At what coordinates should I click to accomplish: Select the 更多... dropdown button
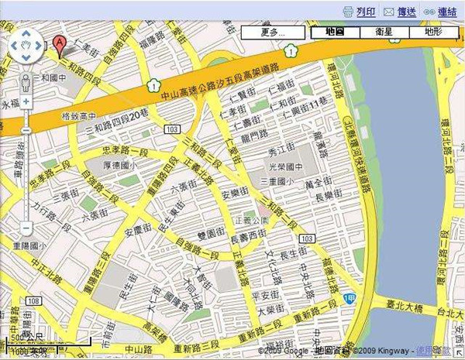tap(274, 33)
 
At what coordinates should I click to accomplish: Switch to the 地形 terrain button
tap(432, 33)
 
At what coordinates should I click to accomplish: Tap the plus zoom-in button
tap(26, 101)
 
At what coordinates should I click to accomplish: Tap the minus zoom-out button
tap(26, 228)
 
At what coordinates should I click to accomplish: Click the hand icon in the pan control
tap(26, 46)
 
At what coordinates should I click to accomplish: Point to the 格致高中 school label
tap(77, 116)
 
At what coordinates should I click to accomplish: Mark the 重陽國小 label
tap(29, 247)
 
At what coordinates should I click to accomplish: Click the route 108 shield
tap(31, 300)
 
